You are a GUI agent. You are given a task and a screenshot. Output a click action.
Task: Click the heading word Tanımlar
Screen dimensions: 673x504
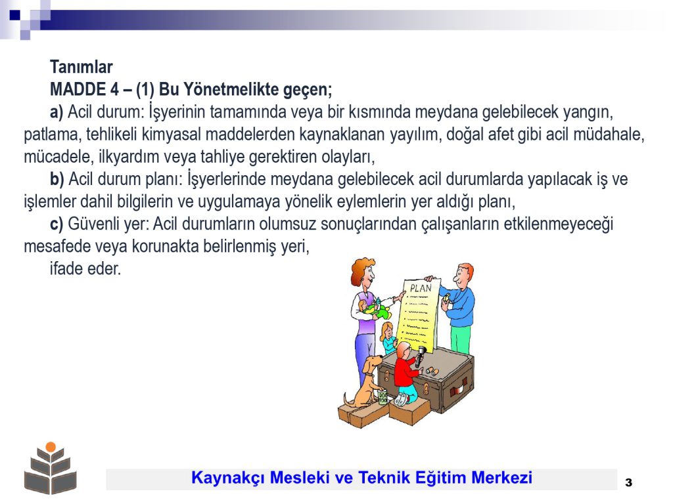tap(81, 67)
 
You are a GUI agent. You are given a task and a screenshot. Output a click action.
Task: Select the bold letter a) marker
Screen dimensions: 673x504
tap(57, 112)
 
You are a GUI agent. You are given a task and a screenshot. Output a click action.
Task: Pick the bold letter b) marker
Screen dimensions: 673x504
tap(57, 179)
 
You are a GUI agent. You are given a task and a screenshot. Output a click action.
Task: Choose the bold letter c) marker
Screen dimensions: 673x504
tap(57, 224)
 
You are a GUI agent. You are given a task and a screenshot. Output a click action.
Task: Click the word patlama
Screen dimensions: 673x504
tap(52, 135)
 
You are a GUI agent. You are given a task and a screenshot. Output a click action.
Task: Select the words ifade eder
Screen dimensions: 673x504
tap(85, 268)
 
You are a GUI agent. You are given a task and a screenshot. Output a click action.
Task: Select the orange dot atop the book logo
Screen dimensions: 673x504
tap(51, 447)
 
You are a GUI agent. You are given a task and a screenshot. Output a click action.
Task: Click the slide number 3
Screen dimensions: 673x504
tap(629, 482)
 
